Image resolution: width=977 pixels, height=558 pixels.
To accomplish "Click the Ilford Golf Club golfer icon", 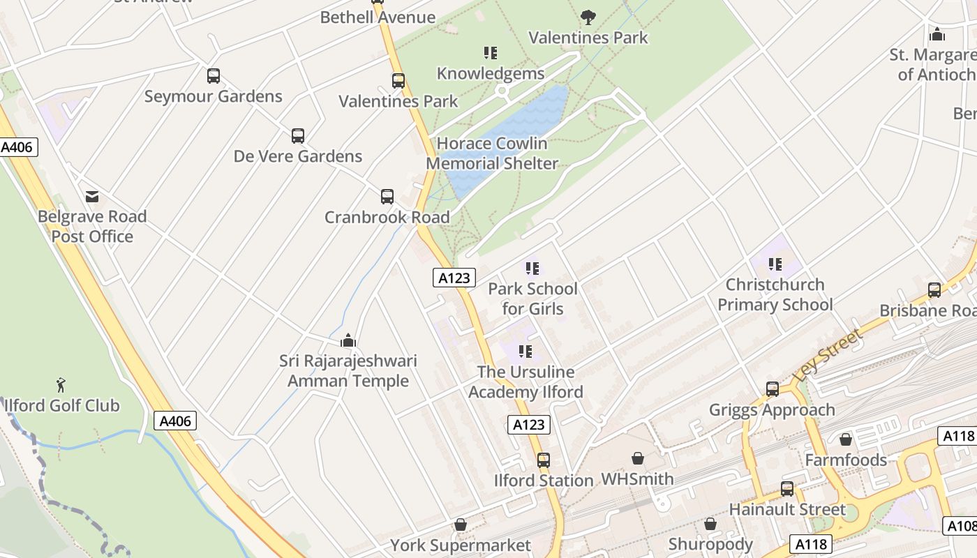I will (61, 384).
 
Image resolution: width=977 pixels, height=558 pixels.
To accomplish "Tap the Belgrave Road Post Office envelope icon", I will (92, 196).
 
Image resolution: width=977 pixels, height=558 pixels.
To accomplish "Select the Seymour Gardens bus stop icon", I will (214, 76).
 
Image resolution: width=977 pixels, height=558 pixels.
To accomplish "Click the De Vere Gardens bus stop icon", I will (298, 136).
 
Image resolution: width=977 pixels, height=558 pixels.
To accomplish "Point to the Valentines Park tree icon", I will (588, 17).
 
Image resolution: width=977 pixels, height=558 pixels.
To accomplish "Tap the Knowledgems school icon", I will (491, 53).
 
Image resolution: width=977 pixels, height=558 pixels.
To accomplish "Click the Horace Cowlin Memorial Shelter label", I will (492, 153).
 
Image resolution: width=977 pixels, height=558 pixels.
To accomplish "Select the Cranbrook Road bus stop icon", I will (387, 197).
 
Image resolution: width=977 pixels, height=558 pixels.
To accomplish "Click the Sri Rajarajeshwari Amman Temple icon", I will (348, 340).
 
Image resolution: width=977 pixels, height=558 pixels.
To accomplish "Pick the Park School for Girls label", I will (532, 299).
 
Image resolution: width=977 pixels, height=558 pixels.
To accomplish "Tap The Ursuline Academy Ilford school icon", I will (525, 352).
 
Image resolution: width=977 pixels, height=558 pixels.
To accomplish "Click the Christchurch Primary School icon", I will (775, 264).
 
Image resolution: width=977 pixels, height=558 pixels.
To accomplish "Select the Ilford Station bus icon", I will (544, 460).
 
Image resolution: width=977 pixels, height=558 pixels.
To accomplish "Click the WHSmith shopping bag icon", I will (637, 458).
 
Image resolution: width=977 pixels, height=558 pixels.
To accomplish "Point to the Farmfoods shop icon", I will (846, 439).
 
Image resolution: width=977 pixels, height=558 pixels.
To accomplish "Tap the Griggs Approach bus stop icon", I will (773, 389).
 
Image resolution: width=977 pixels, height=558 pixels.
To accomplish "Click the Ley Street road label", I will (828, 354).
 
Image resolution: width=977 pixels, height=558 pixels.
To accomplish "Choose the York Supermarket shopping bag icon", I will (461, 525).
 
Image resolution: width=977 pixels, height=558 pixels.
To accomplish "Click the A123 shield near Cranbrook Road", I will (454, 278).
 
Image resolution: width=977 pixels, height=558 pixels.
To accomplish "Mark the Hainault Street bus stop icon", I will (787, 489).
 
